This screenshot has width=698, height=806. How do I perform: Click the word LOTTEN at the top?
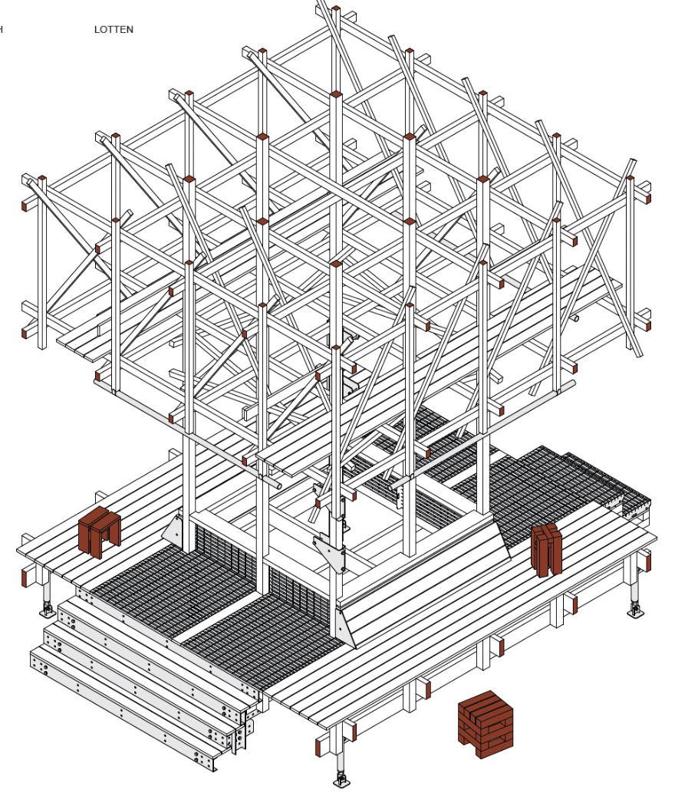[x=114, y=30]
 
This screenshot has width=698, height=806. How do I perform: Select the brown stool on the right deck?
[x=546, y=549]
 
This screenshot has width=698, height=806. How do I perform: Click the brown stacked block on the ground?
[x=483, y=723]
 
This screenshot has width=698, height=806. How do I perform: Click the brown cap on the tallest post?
[x=335, y=11]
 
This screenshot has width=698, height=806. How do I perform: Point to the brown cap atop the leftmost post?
[x=42, y=179]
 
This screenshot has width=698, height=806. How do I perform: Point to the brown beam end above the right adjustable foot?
[x=647, y=563]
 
